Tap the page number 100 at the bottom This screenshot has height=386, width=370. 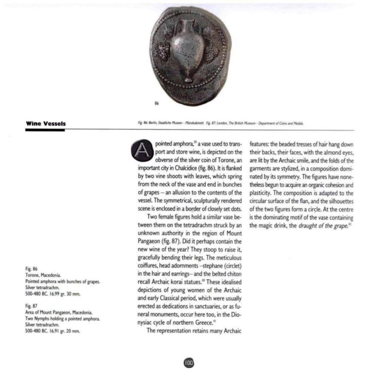(x=188, y=364)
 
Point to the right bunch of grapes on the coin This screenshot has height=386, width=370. (x=211, y=50)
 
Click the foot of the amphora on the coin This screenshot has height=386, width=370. (x=189, y=80)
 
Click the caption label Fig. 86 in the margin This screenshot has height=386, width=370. (x=31, y=269)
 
